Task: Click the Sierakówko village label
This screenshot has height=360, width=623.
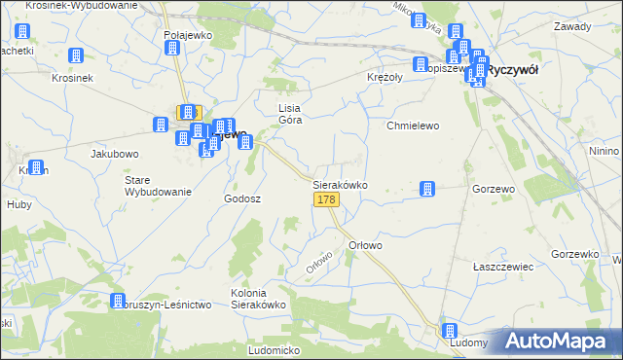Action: (x=340, y=184)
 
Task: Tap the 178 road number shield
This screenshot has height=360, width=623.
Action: (x=326, y=199)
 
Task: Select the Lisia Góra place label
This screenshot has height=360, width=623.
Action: (x=291, y=114)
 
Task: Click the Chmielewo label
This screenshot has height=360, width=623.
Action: (x=414, y=126)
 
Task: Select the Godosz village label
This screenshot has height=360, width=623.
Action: (x=242, y=198)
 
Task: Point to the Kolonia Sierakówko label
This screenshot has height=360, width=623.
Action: (x=257, y=299)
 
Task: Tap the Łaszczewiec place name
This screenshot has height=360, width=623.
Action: (x=499, y=266)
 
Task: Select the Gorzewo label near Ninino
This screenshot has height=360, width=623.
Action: (x=493, y=188)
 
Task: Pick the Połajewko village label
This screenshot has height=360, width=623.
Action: (x=188, y=34)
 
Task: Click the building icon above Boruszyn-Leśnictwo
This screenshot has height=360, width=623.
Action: (x=118, y=303)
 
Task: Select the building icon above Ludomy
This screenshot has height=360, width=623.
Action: (x=449, y=331)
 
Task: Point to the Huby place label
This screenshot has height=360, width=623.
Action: (x=18, y=205)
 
